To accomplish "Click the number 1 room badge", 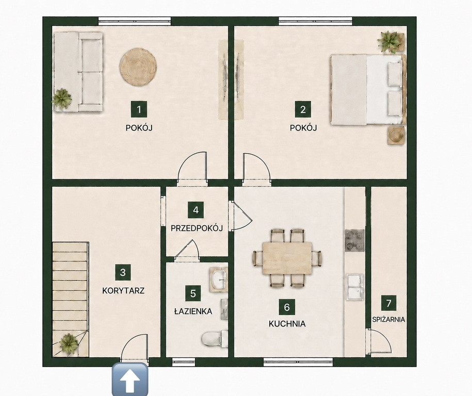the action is click(139, 109).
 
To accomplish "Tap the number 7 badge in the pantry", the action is click(388, 303).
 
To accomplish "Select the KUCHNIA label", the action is click(287, 324).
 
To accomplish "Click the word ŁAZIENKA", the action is click(193, 311).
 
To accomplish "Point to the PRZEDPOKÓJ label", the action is click(197, 228).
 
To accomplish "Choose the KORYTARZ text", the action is click(123, 291).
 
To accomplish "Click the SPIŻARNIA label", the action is click(388, 319).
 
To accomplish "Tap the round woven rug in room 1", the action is click(138, 67).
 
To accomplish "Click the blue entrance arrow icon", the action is click(130, 379).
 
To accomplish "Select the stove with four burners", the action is click(354, 240).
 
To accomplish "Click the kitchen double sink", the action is click(355, 287).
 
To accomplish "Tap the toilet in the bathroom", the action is click(214, 339).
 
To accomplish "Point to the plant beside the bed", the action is click(390, 41).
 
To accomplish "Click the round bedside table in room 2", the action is click(395, 135).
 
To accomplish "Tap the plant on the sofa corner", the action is click(62, 98).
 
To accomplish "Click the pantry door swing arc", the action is click(384, 337).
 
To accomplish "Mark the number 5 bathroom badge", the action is click(193, 293).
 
